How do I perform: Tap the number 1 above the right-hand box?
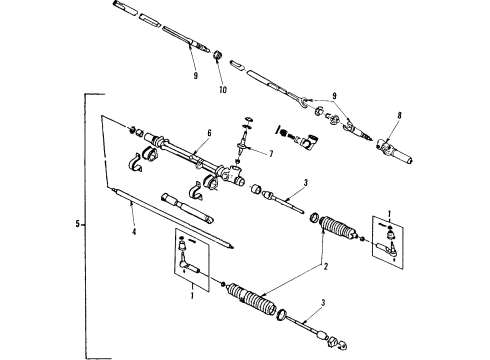pos(388,211)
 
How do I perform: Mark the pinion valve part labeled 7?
pos(244,144)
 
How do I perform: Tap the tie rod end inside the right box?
pos(390,243)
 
